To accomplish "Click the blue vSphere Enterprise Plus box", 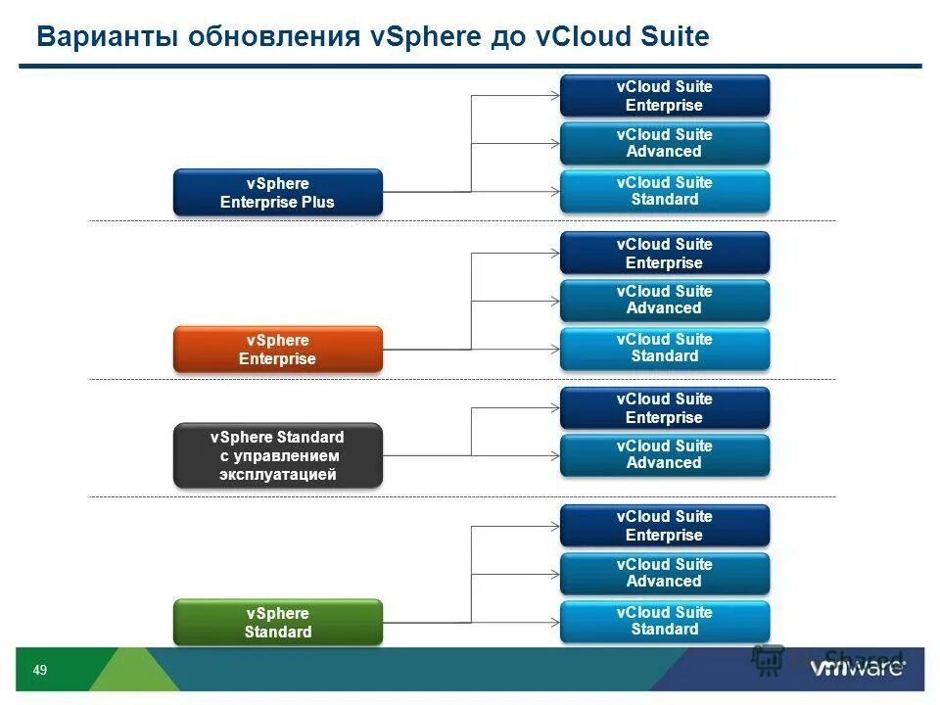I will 277,193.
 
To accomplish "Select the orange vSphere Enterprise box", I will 277,350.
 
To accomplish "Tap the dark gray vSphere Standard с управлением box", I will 277,455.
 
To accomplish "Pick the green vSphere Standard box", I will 277,623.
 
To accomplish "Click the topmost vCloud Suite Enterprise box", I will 664,96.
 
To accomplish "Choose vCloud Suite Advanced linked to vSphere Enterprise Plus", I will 664,143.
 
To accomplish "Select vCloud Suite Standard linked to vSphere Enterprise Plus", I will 664,191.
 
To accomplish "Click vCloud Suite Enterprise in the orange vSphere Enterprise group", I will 664,254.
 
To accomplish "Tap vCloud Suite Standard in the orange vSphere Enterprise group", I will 664,348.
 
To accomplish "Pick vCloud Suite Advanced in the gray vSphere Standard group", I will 664,454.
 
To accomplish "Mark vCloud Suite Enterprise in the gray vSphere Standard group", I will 664,408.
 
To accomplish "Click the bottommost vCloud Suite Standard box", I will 664,621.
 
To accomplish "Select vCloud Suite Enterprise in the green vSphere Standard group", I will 664,526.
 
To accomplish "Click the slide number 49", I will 40,671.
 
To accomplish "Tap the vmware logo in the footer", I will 857,669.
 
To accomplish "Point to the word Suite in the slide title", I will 670,38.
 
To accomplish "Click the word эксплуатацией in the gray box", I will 277,475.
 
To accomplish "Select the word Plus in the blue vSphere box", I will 317,203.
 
